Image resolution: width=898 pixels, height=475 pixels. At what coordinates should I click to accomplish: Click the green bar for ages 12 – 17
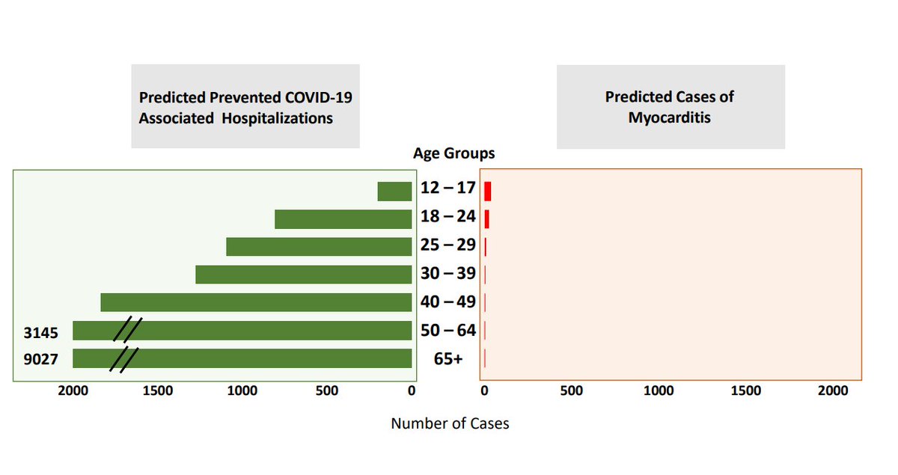[394, 191]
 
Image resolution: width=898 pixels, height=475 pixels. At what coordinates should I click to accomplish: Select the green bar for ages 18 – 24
[343, 219]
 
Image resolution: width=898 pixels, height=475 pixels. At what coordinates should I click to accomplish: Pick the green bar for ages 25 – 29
[319, 247]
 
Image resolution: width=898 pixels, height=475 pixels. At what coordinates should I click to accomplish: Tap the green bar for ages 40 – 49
[256, 302]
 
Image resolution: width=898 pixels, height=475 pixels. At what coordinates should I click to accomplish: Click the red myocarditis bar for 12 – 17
[488, 191]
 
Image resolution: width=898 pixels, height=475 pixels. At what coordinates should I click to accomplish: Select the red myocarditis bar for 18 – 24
[487, 219]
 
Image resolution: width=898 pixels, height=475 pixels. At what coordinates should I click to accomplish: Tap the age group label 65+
[448, 359]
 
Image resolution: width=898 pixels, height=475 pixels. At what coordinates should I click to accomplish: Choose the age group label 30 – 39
[448, 274]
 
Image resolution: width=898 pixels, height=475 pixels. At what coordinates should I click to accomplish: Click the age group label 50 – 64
[448, 330]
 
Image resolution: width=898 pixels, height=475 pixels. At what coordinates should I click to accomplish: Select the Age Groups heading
[453, 154]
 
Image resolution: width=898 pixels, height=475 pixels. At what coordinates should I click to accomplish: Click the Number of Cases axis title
[450, 424]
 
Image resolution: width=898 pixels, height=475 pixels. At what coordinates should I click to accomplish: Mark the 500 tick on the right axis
[571, 391]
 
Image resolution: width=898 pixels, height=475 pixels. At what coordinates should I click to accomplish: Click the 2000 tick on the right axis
[833, 391]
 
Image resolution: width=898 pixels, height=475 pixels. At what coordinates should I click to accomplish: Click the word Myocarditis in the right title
[670, 118]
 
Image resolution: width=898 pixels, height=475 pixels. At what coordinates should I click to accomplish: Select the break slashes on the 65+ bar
[124, 359]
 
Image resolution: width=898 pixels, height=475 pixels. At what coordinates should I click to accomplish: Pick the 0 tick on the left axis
[411, 391]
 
